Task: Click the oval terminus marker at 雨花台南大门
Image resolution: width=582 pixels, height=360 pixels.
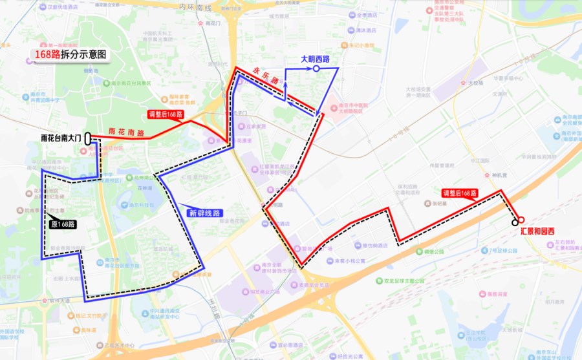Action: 87,138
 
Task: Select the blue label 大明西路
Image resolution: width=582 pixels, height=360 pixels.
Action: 316,59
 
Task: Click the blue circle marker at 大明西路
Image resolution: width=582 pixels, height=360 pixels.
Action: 316,69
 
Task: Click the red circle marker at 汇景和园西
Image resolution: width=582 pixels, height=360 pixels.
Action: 521,219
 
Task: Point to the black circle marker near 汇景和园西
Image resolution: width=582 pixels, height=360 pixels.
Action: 515,222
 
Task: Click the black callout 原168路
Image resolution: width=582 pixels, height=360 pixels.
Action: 63,224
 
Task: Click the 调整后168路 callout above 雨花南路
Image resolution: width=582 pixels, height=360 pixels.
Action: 166,114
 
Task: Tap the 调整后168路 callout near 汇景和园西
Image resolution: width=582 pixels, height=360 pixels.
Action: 460,193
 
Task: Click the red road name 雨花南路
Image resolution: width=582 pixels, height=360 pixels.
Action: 127,131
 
